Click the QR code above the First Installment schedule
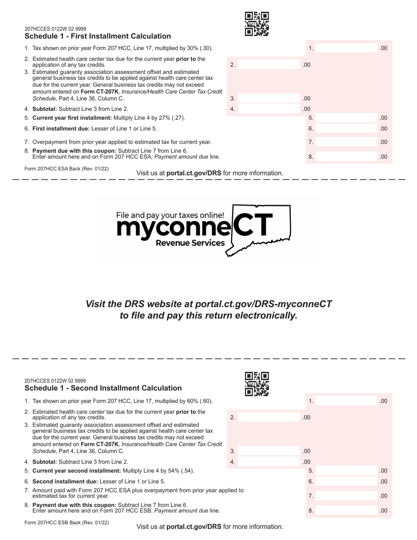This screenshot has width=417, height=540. pyautogui.click(x=257, y=24)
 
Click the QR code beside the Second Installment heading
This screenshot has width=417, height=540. pyautogui.click(x=257, y=384)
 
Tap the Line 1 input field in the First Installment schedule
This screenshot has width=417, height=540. pyautogui.click(x=347, y=48)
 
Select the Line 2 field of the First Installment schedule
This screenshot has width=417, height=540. pyautogui.click(x=269, y=65)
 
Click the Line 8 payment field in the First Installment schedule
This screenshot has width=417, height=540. pyautogui.click(x=347, y=157)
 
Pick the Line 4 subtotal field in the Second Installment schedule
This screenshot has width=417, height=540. pyautogui.click(x=269, y=462)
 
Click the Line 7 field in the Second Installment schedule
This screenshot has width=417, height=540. pyautogui.click(x=347, y=496)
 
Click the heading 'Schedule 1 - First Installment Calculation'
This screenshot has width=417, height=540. pyautogui.click(x=98, y=36)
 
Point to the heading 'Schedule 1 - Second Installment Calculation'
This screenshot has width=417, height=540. pyautogui.click(x=103, y=388)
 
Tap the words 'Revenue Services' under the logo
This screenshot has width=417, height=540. pyautogui.click(x=191, y=243)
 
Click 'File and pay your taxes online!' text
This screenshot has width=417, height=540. pyautogui.click(x=170, y=215)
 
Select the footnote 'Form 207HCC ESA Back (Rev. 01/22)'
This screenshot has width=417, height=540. pyautogui.click(x=67, y=169)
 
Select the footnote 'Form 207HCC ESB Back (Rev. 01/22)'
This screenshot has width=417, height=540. pyautogui.click(x=67, y=523)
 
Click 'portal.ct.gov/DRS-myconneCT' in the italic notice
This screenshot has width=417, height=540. pyautogui.click(x=263, y=304)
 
